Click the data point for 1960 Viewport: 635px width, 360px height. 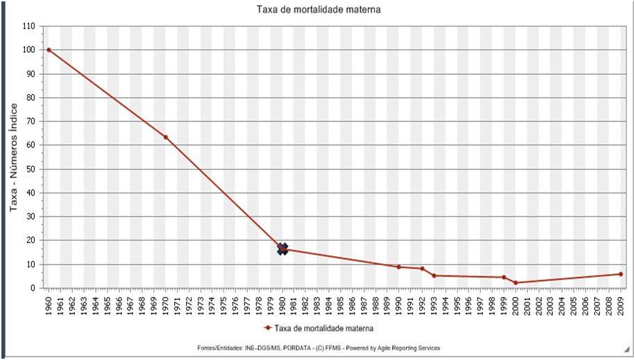click(49, 50)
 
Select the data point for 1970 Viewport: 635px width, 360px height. click(165, 137)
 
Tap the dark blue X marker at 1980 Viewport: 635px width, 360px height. click(282, 249)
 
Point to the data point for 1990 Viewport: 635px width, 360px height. click(398, 267)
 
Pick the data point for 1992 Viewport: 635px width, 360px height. click(422, 268)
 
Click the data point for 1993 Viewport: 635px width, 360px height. click(434, 275)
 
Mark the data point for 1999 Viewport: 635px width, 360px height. click(504, 277)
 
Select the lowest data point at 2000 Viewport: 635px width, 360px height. click(516, 283)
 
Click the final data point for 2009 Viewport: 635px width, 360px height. click(620, 274)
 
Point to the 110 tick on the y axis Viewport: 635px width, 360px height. click(28, 26)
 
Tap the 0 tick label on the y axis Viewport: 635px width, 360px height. click(33, 288)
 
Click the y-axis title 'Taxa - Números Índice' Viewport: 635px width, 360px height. click(12, 157)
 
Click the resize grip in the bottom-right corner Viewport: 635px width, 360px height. click(627, 351)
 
